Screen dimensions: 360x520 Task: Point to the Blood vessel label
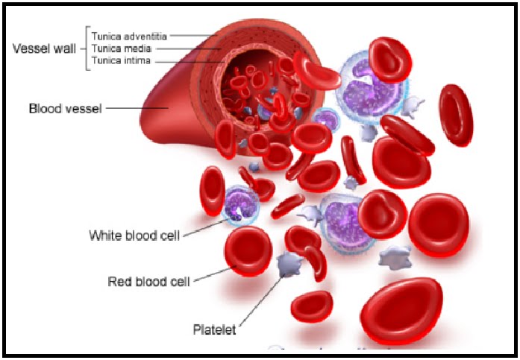[65, 109]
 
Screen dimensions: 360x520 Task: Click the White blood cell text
[134, 236]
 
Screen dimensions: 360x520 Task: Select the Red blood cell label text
[148, 281]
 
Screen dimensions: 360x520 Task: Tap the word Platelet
[216, 329]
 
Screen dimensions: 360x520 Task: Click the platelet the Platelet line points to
[286, 264]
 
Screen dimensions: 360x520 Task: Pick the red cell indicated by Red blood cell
[248, 250]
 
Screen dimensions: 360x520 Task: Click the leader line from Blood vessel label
[138, 109]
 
